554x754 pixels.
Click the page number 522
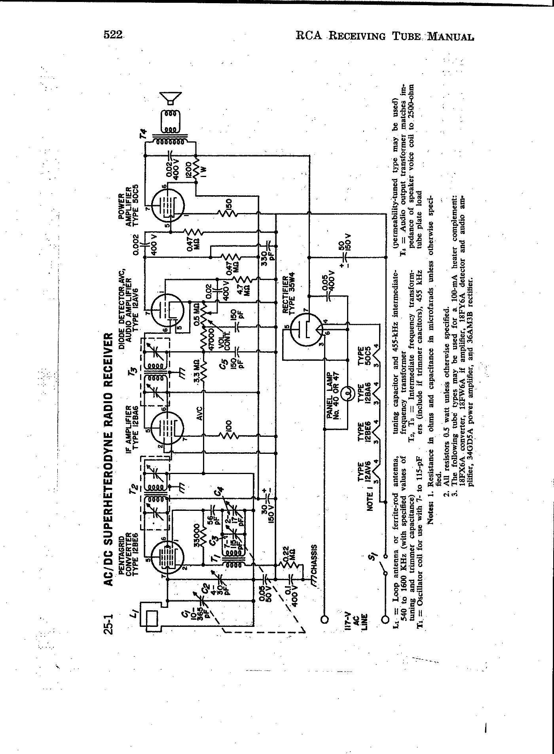[113, 35]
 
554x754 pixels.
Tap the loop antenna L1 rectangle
[152, 619]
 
